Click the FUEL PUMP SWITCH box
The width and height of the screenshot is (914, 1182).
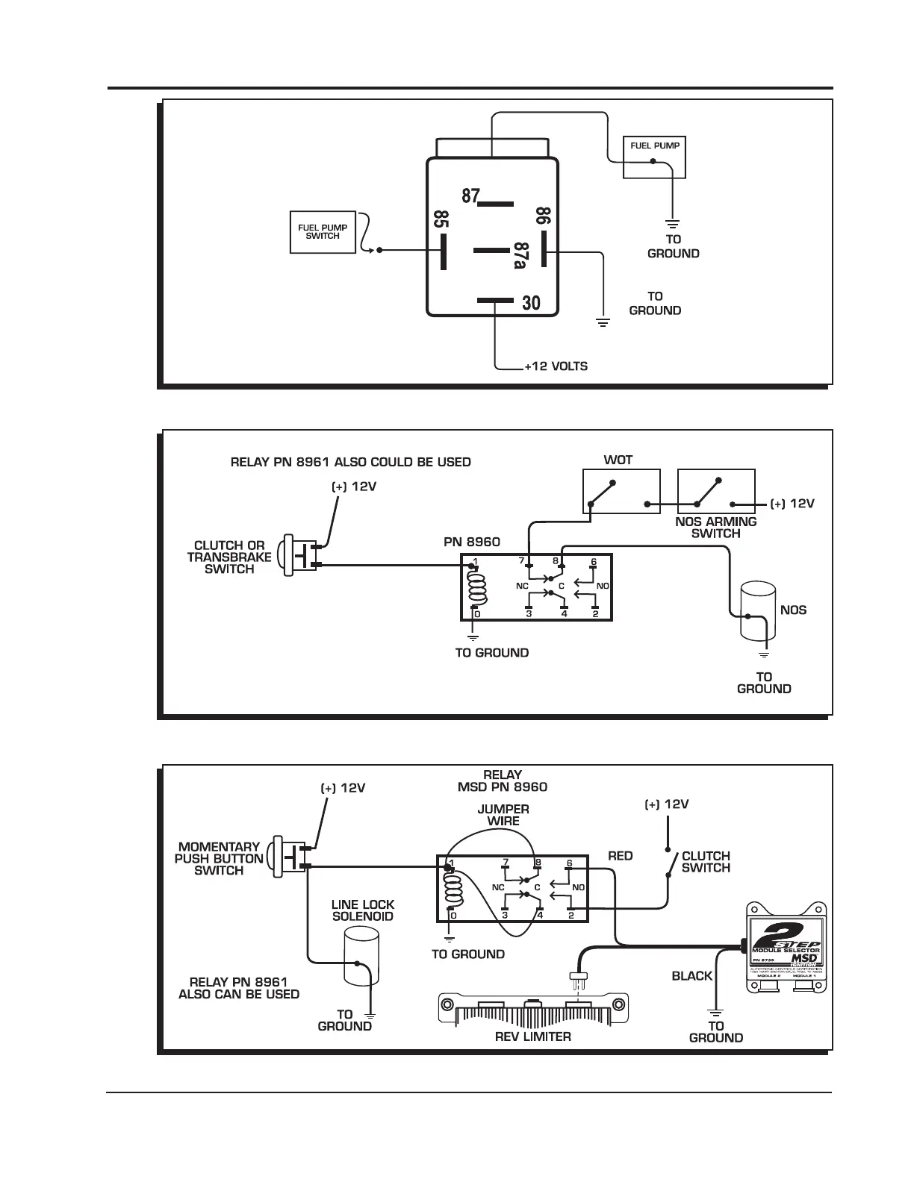(323, 231)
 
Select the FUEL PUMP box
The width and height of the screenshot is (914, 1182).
(654, 157)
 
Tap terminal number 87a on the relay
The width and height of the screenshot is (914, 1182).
(520, 255)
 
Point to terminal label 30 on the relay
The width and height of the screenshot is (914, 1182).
(531, 303)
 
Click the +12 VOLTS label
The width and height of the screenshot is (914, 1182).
(556, 366)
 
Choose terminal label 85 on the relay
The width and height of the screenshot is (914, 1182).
(441, 220)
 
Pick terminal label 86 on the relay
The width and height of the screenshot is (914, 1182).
(543, 217)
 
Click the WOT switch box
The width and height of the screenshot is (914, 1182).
(621, 491)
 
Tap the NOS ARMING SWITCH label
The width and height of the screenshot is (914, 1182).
(715, 528)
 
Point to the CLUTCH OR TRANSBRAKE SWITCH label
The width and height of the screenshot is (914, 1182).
(229, 557)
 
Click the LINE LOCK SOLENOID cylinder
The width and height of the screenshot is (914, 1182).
(363, 957)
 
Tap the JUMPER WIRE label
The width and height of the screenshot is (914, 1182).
(503, 815)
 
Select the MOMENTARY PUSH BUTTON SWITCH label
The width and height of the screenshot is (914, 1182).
(219, 858)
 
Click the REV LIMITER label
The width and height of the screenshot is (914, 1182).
(532, 1036)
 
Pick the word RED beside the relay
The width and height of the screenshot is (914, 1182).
(620, 856)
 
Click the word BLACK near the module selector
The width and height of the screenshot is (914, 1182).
(691, 976)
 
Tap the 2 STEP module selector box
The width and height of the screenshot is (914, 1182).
(788, 948)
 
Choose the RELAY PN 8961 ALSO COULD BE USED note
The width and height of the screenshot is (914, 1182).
(350, 462)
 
